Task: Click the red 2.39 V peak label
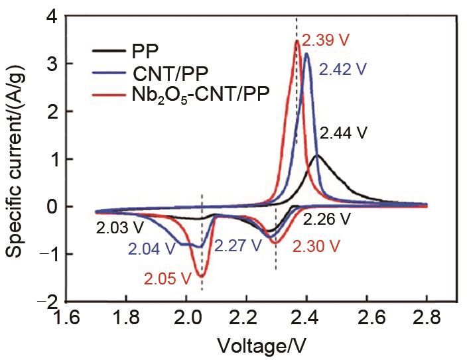(x=325, y=40)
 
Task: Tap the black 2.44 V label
(x=343, y=133)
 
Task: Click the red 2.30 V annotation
(x=316, y=247)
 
